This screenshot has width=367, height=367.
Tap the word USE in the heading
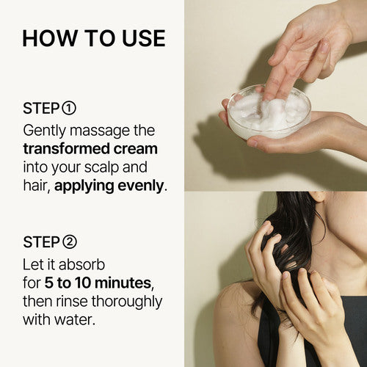(144, 38)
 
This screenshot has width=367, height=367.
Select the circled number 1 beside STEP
(69, 109)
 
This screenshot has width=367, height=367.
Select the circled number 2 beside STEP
(70, 241)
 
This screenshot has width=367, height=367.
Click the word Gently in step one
(45, 131)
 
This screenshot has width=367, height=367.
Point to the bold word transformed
(66, 149)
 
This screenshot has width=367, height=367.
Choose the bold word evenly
(140, 186)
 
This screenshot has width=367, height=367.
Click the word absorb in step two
(81, 264)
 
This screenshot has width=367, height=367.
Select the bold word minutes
(123, 283)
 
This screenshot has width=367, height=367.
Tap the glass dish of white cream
(269, 111)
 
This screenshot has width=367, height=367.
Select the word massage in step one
(101, 131)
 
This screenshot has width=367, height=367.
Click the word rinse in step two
(72, 301)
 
